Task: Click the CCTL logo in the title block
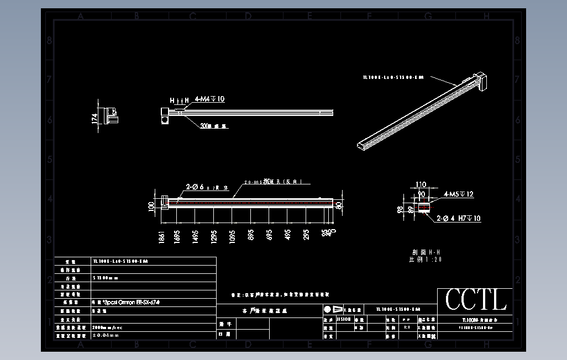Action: [476, 300]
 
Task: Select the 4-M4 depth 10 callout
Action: [209, 99]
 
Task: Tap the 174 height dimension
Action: [95, 118]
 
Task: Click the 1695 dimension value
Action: [177, 236]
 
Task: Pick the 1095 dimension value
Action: [232, 236]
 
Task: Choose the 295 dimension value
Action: [306, 236]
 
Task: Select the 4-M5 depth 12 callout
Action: [459, 195]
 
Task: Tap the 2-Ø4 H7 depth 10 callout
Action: [459, 219]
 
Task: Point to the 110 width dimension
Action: [421, 185]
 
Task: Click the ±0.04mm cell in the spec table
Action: [106, 335]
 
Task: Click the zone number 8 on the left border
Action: [50, 41]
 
